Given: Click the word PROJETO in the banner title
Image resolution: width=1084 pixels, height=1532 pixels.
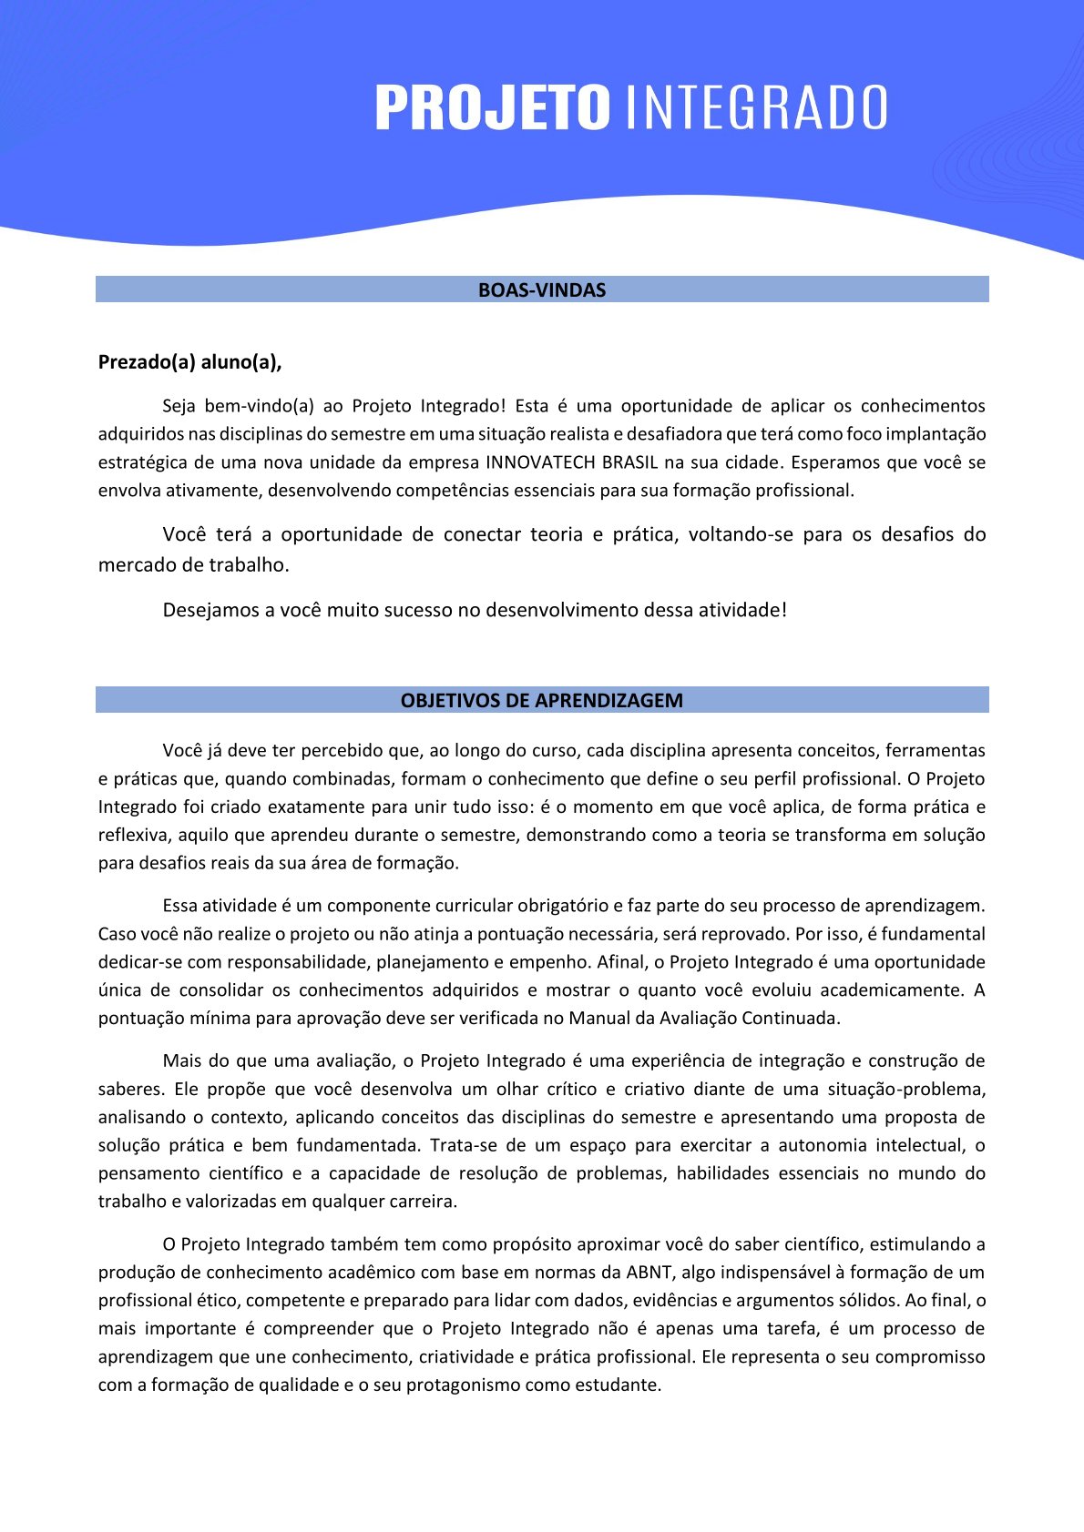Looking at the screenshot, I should pos(492,107).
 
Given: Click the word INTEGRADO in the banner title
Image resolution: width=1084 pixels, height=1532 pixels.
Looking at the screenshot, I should pos(757,107).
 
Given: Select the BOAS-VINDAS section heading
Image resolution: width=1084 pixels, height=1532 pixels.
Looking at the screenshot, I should pos(542,290).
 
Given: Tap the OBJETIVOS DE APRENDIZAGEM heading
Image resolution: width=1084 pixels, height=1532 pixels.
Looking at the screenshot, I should pos(542,701).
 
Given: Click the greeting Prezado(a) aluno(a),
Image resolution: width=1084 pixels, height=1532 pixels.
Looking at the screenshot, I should pos(190,362).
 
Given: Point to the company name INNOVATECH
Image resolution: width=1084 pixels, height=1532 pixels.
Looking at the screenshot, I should pos(540,462).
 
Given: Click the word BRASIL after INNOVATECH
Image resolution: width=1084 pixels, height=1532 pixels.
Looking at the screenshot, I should pos(629,462).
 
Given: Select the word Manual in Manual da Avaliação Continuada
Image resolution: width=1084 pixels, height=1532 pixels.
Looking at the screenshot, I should pos(596,1018).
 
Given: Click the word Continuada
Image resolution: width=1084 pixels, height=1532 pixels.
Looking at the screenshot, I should pos(791,1018).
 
